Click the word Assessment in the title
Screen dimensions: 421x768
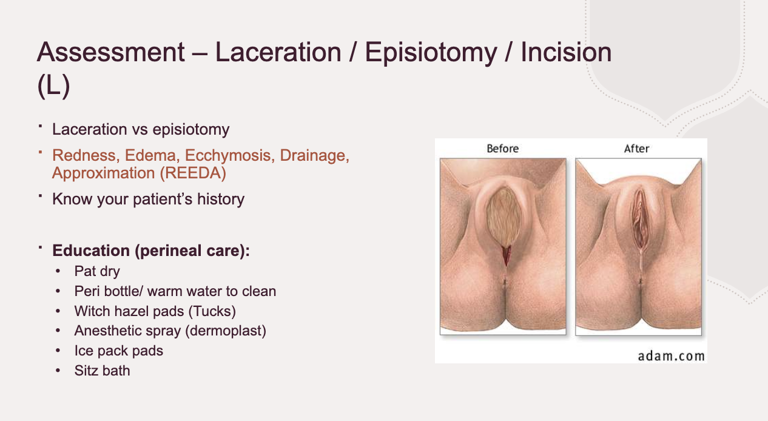point(110,53)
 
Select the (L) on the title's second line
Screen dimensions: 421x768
point(53,86)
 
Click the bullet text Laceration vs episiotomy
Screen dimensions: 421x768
point(141,129)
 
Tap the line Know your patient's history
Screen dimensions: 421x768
point(148,199)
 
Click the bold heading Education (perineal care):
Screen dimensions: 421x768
point(151,251)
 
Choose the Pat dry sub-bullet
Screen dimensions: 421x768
point(97,271)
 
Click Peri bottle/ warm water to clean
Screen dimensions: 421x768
point(175,291)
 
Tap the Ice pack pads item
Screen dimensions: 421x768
point(119,351)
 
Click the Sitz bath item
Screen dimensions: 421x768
point(102,370)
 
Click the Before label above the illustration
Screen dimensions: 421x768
point(502,149)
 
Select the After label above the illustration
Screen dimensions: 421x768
point(636,149)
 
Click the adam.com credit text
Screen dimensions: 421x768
point(671,355)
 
